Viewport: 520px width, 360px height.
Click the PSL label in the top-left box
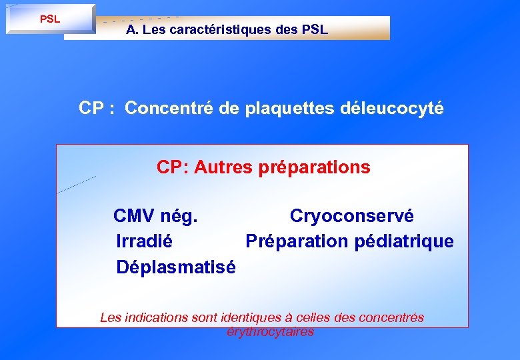pos(50,19)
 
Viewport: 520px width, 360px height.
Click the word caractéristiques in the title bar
pos(223,30)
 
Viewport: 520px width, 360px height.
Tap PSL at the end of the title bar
pos(315,30)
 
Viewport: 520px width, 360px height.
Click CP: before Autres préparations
pos(173,167)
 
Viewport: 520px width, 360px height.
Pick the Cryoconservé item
pos(351,217)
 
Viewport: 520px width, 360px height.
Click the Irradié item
pos(144,241)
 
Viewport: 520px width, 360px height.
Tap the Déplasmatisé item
pos(175,267)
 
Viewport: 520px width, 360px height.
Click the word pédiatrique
pos(404,241)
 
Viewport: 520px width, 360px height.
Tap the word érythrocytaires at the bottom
pos(270,331)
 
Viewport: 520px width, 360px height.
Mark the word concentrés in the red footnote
pos(391,318)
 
